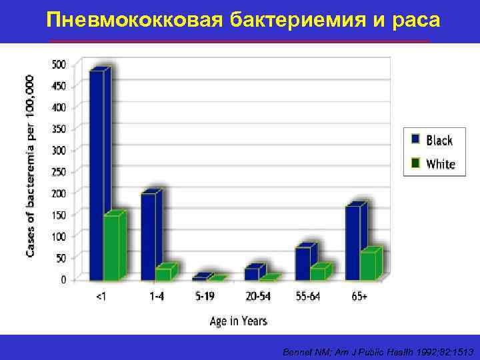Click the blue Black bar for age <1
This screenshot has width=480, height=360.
pos(96,173)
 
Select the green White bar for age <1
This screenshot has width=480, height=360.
pos(111,247)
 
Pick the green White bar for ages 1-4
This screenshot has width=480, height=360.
pos(163,274)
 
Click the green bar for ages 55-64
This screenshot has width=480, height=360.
pos(317,273)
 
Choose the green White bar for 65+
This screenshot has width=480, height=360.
pos(367,265)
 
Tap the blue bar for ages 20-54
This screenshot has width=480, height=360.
pos(251,273)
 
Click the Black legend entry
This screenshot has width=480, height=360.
pos(432,140)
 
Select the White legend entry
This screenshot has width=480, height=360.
pos(433,163)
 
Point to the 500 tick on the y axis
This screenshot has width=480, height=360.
pos(59,65)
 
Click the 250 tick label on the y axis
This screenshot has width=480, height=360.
pos(59,172)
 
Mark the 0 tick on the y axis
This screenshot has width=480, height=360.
pos(63,280)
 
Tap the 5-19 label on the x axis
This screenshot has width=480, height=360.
pos(206,297)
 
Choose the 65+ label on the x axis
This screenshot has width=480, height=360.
pos(359,297)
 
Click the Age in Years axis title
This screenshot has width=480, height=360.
pos(238,321)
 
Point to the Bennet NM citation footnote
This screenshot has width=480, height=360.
pos(377,351)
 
